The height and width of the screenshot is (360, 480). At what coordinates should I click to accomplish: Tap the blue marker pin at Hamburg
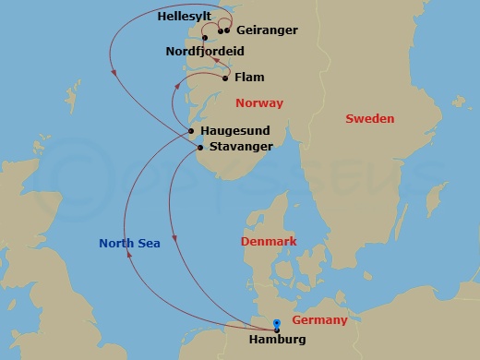(x=277, y=323)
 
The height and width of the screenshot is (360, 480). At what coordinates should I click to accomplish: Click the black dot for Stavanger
(x=200, y=147)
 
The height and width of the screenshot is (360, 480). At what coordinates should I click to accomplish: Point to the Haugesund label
(x=236, y=132)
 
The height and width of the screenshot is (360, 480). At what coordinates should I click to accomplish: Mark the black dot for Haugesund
(x=192, y=132)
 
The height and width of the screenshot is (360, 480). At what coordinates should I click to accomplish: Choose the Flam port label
(x=249, y=78)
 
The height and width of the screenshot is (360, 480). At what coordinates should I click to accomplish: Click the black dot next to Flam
(x=224, y=78)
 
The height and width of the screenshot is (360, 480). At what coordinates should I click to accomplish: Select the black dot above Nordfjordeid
(x=204, y=38)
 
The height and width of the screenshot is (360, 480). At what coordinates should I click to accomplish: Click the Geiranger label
(x=267, y=30)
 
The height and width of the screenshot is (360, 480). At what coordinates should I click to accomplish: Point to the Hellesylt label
(x=184, y=17)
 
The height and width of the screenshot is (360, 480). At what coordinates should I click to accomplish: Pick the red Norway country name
(x=259, y=103)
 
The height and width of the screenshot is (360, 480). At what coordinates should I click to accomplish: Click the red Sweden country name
(x=369, y=119)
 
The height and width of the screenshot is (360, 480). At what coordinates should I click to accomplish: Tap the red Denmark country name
(x=269, y=242)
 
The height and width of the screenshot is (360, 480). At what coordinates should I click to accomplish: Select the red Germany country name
(x=319, y=320)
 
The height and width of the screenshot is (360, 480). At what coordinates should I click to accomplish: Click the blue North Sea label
(x=130, y=244)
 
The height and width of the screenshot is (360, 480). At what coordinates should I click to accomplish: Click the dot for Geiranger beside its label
(x=227, y=30)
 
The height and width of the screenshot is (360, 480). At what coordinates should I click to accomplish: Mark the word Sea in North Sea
(x=149, y=244)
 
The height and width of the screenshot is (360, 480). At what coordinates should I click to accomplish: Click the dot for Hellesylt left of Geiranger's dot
(x=221, y=30)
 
